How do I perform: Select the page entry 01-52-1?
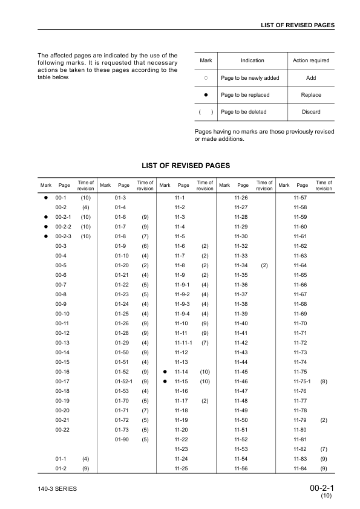point(124,381)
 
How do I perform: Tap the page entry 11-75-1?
point(302,381)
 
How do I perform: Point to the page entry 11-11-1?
point(183,343)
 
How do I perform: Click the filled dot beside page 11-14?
point(164,372)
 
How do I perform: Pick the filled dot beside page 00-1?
point(45,198)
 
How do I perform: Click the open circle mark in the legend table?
point(206,78)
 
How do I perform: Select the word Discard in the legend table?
point(311,112)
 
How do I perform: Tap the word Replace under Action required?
point(311,95)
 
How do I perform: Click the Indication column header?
point(252,60)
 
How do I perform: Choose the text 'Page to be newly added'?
point(249,78)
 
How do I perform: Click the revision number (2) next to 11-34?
point(264,265)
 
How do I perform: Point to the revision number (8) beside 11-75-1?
point(324,381)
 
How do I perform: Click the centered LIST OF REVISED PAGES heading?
point(185,165)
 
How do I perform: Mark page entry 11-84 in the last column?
point(301,468)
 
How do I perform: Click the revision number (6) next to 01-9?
point(145,246)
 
